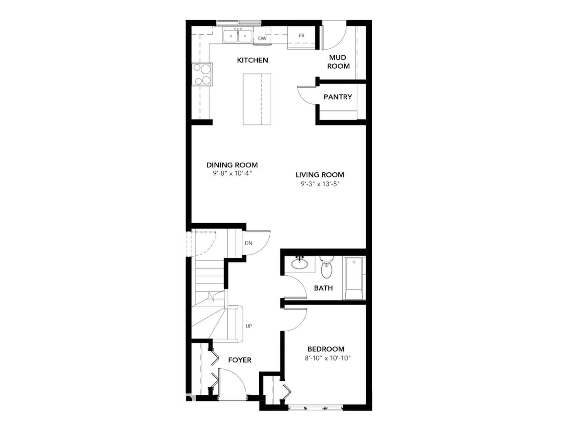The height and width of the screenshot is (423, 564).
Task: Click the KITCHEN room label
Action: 252,60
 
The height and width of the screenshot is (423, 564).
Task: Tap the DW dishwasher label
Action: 262,38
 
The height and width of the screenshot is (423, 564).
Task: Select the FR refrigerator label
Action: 301,36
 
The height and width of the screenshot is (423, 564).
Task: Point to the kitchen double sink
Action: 238,36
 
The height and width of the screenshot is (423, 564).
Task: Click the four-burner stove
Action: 202,74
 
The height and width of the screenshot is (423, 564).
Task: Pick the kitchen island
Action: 257,99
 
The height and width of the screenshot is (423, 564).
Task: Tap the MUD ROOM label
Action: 338,62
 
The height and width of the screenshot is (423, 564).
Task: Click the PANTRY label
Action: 338,97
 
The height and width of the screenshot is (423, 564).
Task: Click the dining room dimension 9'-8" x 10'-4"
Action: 232,173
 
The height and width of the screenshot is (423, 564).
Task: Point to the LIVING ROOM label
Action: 320,174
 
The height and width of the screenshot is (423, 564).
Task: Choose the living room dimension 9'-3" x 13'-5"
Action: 320,184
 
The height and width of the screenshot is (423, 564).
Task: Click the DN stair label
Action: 249,243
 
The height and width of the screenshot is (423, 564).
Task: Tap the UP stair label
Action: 249,326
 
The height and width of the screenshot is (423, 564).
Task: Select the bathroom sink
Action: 300,263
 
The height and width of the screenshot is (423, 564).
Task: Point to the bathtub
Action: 354,278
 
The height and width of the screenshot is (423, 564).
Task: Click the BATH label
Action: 323,288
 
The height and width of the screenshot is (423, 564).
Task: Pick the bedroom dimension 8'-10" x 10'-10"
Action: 328,358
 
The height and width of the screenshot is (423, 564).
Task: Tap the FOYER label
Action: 240,360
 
